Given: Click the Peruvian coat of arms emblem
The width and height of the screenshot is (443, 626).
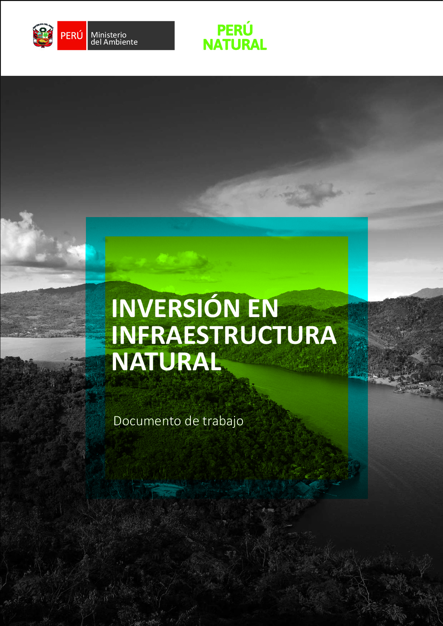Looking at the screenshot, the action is click(43, 35).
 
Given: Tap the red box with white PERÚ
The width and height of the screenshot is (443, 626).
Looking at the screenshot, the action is click(71, 35).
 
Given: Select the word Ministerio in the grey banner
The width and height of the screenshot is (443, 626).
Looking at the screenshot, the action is click(109, 35).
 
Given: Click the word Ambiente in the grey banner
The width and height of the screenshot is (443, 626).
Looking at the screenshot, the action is click(121, 42).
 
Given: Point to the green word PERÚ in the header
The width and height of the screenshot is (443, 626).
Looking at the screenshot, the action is click(235, 30).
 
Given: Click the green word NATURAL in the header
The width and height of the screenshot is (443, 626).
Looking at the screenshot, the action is click(235, 45).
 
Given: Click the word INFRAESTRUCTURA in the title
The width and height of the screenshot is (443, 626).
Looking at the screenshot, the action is click(224, 335).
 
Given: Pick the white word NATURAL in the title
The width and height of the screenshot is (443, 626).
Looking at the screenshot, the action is click(166, 362).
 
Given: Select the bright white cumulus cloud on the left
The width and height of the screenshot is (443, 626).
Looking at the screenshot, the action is click(42, 243).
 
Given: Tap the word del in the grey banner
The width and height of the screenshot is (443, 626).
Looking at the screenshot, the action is click(96, 42).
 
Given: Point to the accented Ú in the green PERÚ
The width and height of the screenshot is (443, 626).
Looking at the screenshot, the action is click(247, 30).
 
